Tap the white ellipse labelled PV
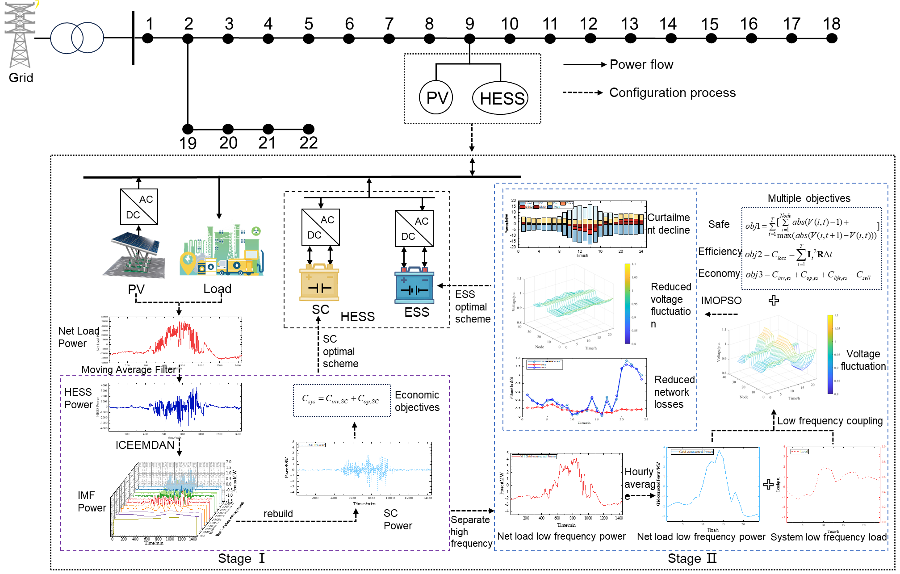click(x=436, y=97)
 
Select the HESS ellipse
click(x=500, y=98)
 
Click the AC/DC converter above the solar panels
click(x=139, y=207)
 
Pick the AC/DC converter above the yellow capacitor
click(x=321, y=227)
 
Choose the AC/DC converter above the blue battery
click(x=414, y=228)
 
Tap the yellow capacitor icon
click(x=319, y=283)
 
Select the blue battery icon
click(x=414, y=285)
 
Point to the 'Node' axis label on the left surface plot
click(x=540, y=347)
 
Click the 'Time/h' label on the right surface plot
click(x=794, y=398)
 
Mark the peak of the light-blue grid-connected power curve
click(x=719, y=451)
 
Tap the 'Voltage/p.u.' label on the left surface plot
click(x=514, y=302)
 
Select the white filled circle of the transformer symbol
click(x=66, y=38)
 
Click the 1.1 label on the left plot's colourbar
click(x=634, y=264)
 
